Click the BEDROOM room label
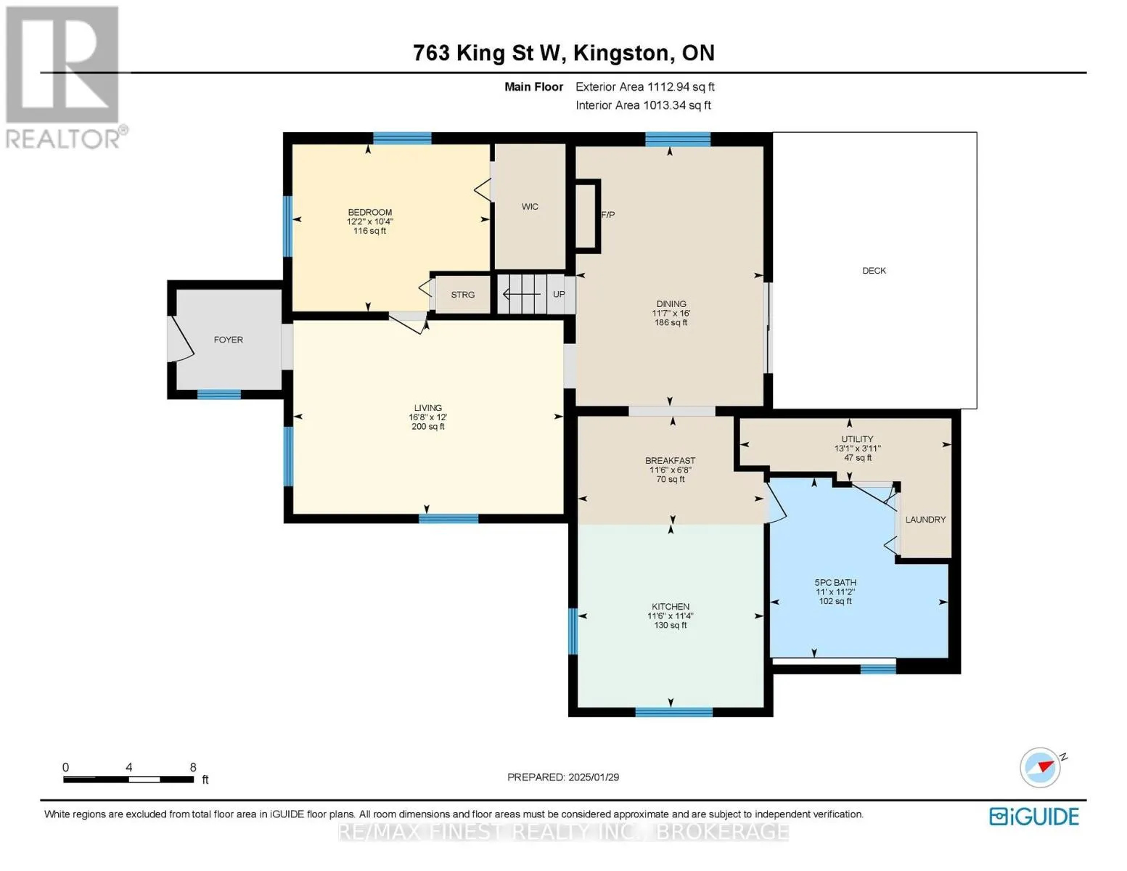click(x=370, y=212)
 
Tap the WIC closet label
click(x=530, y=206)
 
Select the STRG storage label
click(x=462, y=295)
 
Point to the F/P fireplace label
click(x=608, y=214)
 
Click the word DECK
click(x=874, y=270)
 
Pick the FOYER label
click(x=228, y=340)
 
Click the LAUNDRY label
click(x=925, y=519)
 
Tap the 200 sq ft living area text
click(x=428, y=426)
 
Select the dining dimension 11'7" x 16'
click(x=671, y=314)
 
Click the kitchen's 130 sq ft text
click(x=671, y=625)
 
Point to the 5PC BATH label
click(x=835, y=583)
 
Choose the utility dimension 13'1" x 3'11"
click(x=857, y=449)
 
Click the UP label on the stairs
click(x=559, y=294)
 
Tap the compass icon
click(x=1040, y=768)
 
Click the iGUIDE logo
click(x=1034, y=817)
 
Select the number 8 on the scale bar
click(x=193, y=767)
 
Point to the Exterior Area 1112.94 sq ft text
click(x=645, y=86)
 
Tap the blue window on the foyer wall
click(x=219, y=394)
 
